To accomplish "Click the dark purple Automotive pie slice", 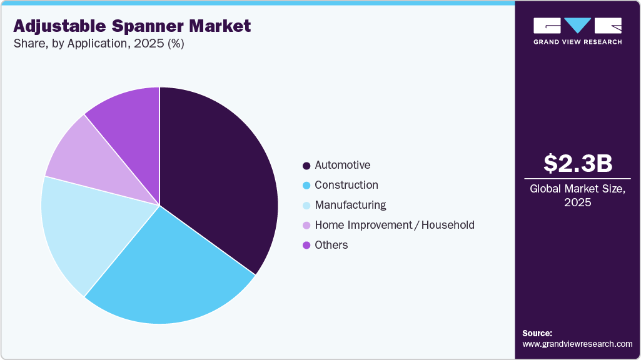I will pos(219,181).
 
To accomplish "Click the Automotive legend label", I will pos(342,165).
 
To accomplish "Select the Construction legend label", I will pos(346,185).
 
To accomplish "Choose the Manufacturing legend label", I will pos(350,205).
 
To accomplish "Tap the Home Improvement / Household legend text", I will pos(395,225).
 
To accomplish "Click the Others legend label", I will pos(331,245).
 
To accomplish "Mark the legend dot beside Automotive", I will pos(306,166).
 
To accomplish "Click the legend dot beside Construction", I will pos(306,186).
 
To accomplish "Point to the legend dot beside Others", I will pos(306,246).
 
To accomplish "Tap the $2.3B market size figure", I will pos(577,163).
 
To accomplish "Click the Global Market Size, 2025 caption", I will pos(577,195).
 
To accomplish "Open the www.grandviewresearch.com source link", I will pos(577,344).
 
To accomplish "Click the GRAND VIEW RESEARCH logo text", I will pos(577,42).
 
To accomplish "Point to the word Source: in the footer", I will pos(537,333).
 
